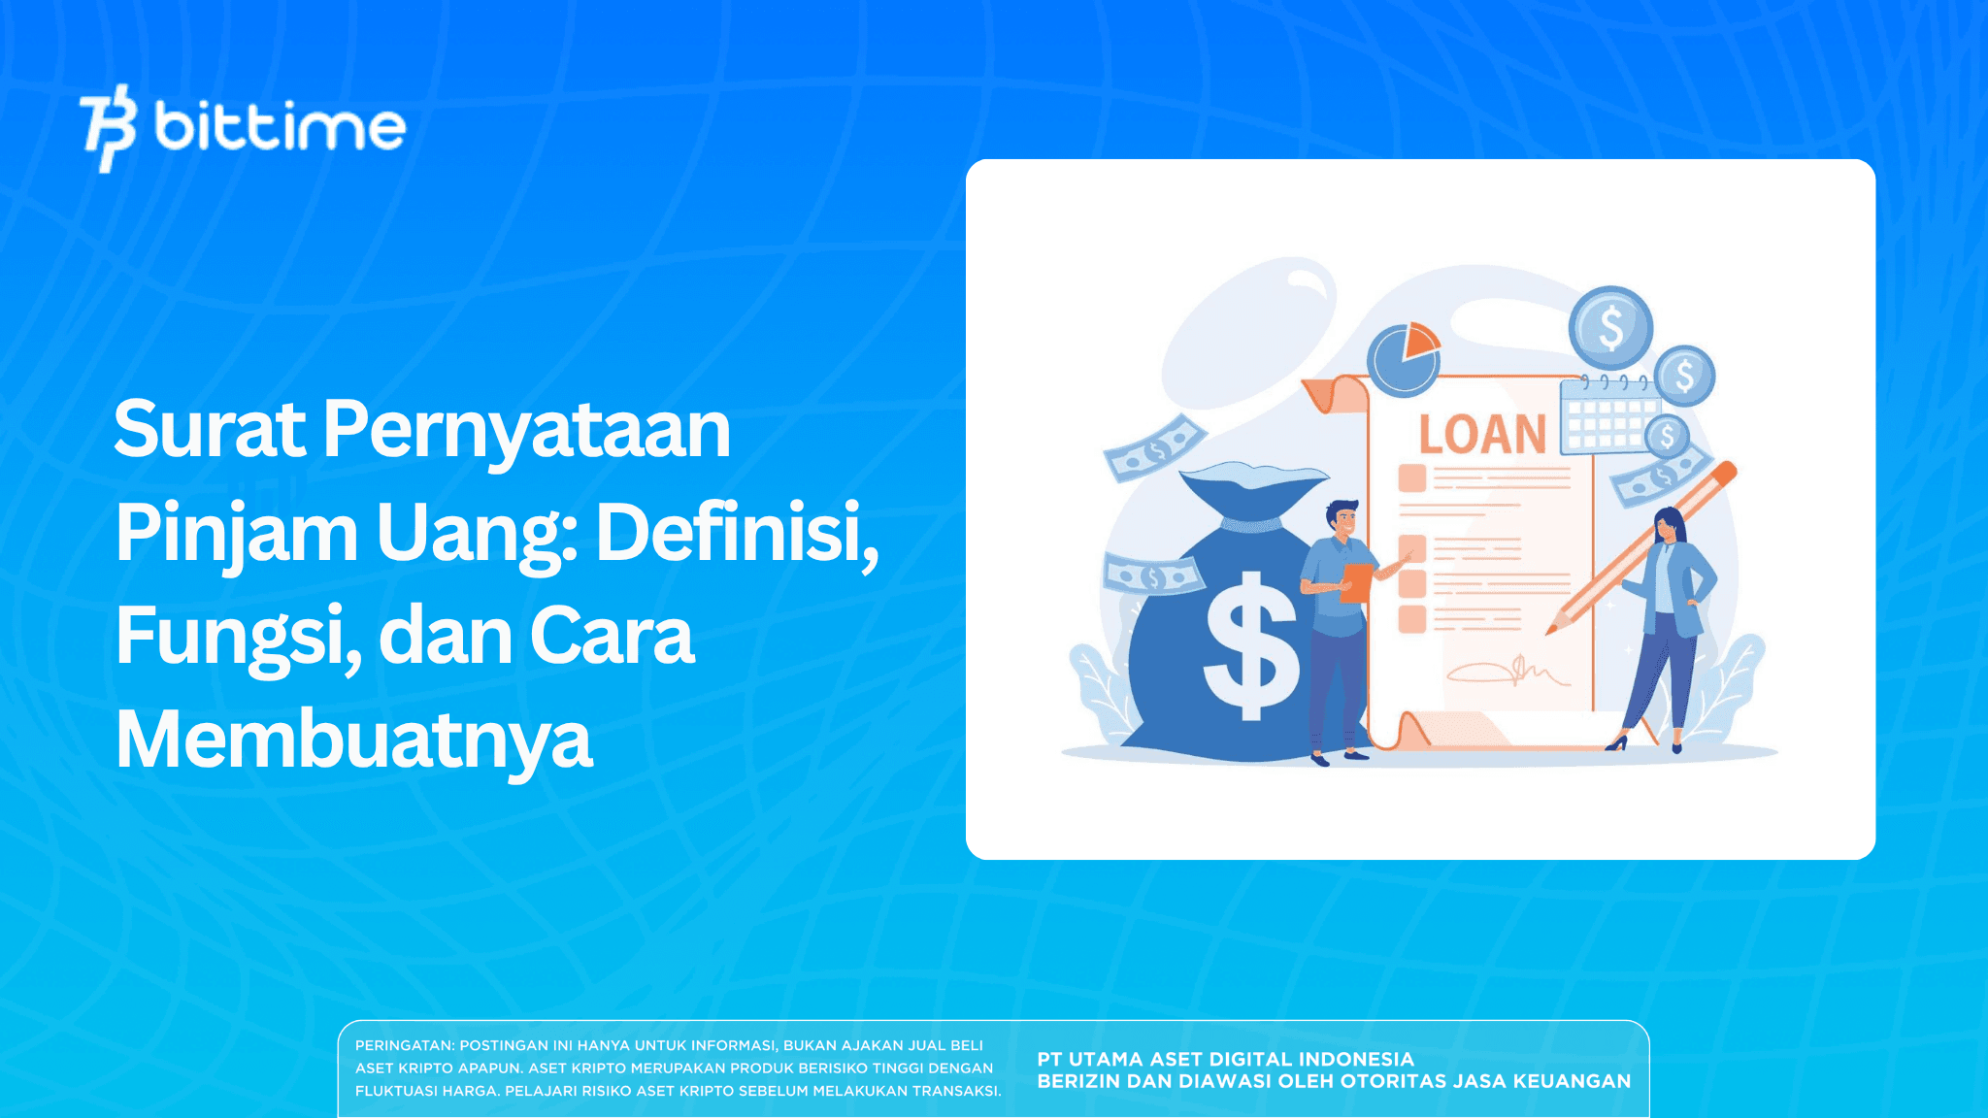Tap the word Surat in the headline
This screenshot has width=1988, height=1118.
click(x=210, y=429)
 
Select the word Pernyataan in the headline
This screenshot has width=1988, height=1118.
click(x=526, y=429)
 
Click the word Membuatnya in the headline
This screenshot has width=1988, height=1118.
click(x=353, y=740)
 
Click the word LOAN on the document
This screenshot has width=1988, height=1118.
click(x=1482, y=435)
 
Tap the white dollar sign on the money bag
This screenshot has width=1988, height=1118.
click(x=1250, y=645)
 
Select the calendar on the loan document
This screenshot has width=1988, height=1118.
click(x=1607, y=417)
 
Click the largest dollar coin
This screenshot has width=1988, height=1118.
click(x=1610, y=327)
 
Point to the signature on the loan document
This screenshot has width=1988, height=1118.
click(x=1507, y=671)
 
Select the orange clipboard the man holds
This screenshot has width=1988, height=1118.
click(x=1356, y=582)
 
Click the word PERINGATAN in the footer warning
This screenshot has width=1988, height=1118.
click(x=404, y=1046)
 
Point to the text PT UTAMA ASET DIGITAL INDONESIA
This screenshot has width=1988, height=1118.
click(x=1225, y=1060)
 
